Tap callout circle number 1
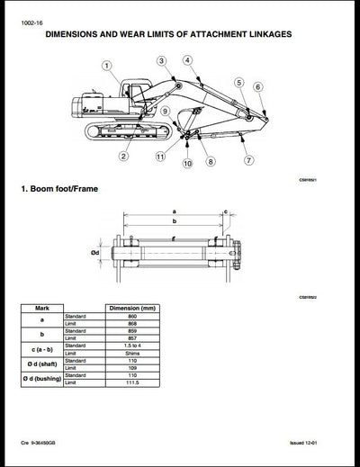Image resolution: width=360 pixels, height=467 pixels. (105, 66)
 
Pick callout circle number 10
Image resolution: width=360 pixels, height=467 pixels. (186, 164)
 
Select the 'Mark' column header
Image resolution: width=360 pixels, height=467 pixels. (41, 308)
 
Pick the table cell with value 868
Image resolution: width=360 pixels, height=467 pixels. (133, 325)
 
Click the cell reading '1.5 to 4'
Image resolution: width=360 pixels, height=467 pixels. (133, 346)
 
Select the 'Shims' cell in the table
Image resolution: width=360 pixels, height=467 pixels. (133, 353)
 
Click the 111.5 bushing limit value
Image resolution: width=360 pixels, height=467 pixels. (133, 382)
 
